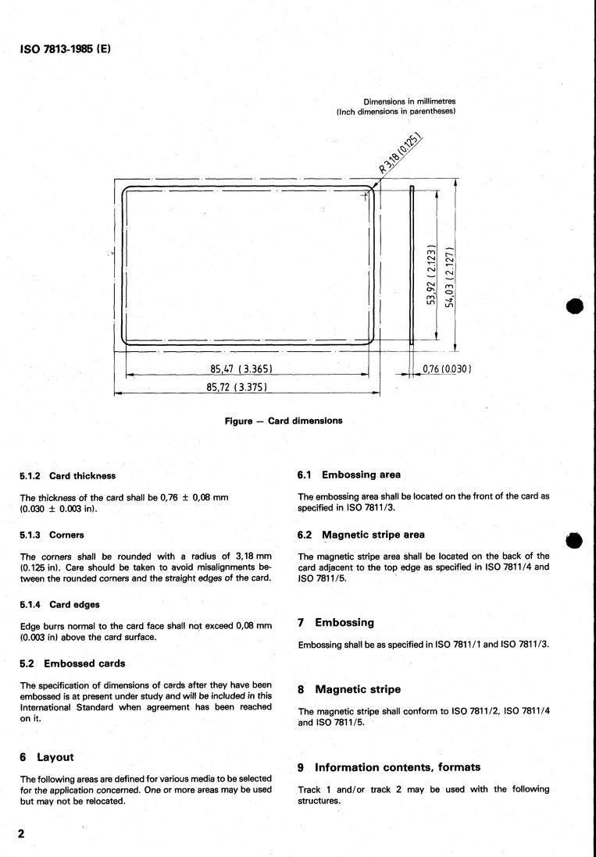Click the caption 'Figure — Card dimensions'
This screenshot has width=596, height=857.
tap(283, 421)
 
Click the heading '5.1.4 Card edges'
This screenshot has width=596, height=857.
tap(63, 605)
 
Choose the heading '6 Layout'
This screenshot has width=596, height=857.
tap(45, 757)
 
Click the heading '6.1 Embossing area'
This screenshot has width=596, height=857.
tap(346, 474)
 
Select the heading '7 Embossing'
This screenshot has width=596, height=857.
tap(336, 623)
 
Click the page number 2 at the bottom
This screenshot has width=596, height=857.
tap(22, 834)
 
